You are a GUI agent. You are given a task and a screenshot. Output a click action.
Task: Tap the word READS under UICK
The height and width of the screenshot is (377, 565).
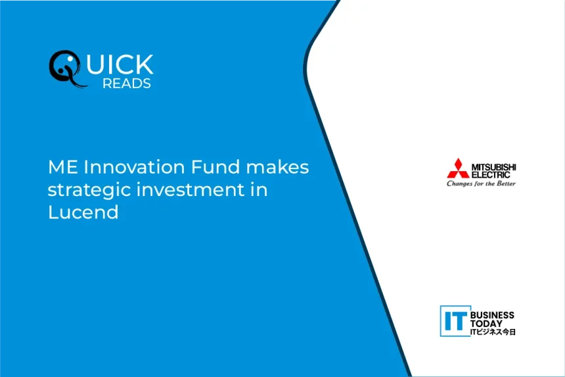pyautogui.click(x=127, y=84)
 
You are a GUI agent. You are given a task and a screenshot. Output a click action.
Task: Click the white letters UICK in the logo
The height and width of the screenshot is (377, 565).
pyautogui.click(x=120, y=64)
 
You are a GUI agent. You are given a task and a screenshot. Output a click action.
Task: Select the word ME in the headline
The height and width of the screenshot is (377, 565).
pyautogui.click(x=62, y=167)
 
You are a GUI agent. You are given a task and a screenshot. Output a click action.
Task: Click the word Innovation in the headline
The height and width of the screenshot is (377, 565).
pyautogui.click(x=134, y=167)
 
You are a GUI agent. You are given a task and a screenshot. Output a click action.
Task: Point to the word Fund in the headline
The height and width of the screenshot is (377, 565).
pyautogui.click(x=215, y=167)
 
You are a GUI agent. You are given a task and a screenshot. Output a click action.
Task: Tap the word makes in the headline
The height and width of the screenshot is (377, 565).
pyautogui.click(x=277, y=167)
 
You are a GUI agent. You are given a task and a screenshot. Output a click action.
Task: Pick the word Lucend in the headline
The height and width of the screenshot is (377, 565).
pyautogui.click(x=83, y=212)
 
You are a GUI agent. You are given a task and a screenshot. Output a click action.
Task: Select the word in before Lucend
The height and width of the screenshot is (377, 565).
pyautogui.click(x=259, y=189)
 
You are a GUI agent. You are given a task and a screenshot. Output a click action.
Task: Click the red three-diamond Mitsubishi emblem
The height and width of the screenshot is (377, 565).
pyautogui.click(x=458, y=168)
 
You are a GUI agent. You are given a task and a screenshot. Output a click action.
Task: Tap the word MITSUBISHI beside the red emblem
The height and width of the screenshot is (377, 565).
pyautogui.click(x=493, y=167)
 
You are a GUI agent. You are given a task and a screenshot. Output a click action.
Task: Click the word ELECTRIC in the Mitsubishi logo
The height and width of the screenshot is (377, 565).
pyautogui.click(x=491, y=175)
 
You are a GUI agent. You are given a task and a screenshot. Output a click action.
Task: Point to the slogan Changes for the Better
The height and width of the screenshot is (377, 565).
pyautogui.click(x=481, y=184)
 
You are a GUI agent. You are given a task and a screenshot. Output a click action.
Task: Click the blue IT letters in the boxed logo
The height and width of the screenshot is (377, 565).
pyautogui.click(x=455, y=321)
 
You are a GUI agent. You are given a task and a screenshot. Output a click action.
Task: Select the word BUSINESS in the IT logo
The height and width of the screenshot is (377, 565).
pyautogui.click(x=492, y=315)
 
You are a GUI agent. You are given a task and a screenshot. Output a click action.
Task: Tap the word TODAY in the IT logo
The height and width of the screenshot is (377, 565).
pyautogui.click(x=486, y=324)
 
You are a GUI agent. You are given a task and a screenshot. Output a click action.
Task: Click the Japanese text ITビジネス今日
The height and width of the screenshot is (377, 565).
pyautogui.click(x=493, y=332)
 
